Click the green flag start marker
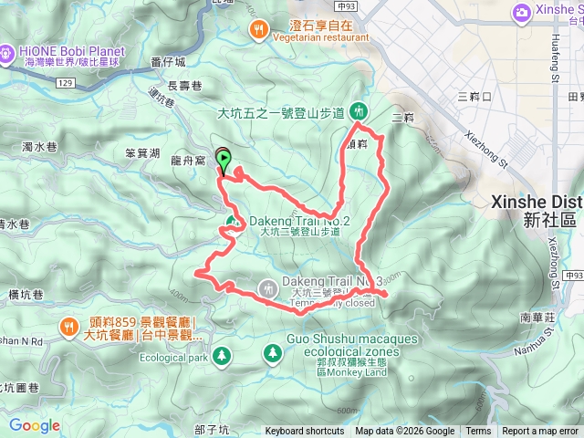click(x=223, y=157)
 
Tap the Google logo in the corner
click(x=34, y=425)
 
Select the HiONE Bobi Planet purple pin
click(x=7, y=53)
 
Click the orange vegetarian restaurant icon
click(x=259, y=30)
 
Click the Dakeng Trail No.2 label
click(x=299, y=221)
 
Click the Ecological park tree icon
click(x=220, y=352)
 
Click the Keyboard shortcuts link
click(x=305, y=432)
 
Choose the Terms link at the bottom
click(x=477, y=432)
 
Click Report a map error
click(x=540, y=432)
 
